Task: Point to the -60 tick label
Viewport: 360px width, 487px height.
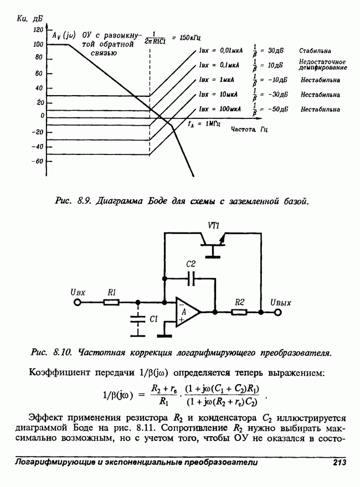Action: point(37,161)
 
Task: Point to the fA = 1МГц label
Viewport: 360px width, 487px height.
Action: point(205,123)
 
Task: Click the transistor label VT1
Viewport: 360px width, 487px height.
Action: point(214,225)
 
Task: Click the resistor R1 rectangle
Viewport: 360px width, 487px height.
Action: point(111,302)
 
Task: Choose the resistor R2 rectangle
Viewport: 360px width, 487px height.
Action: point(239,312)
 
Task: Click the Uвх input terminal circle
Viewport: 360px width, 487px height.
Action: point(77,302)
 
